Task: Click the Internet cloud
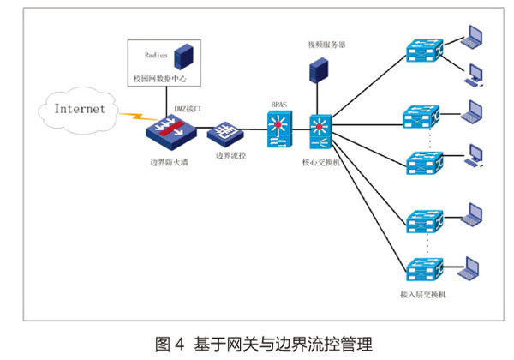pos(80,109)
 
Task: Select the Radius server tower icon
pos(182,57)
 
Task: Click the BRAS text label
pos(278,105)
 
